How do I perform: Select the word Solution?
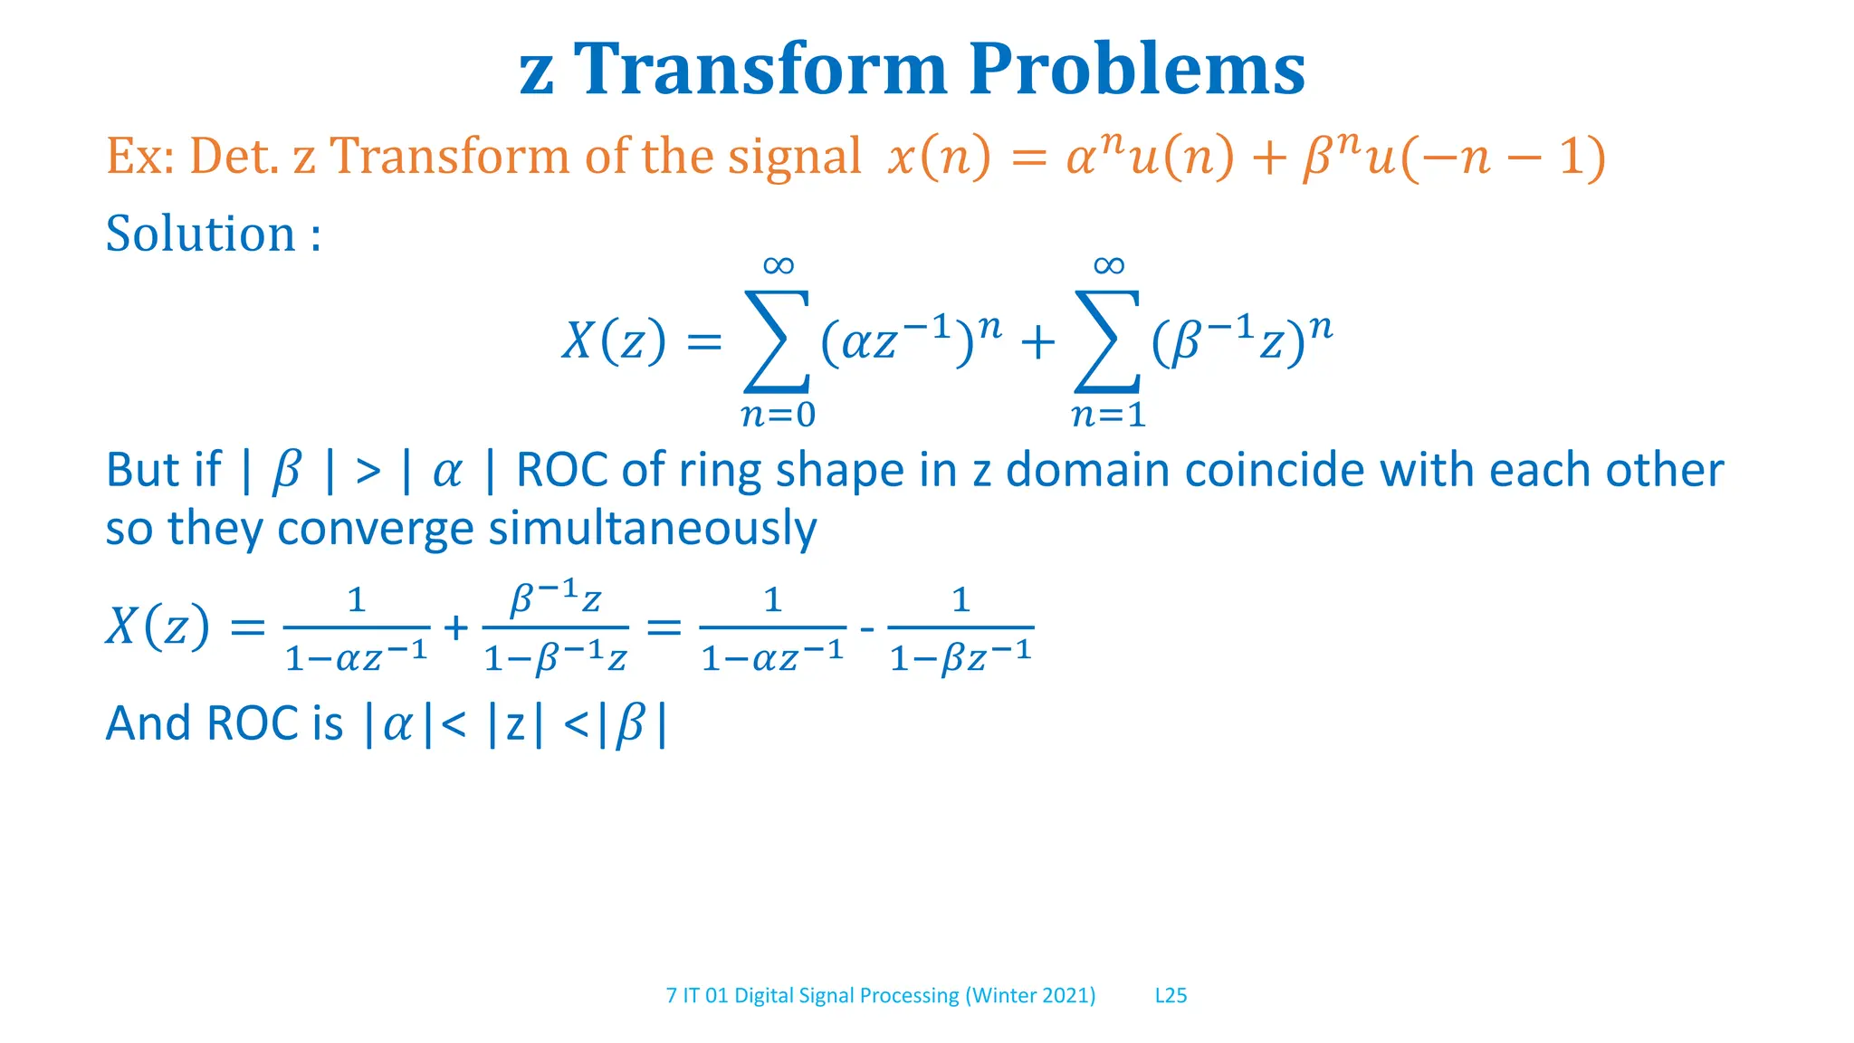tap(201, 234)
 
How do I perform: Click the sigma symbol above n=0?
tap(777, 341)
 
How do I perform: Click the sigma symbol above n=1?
tap(1107, 341)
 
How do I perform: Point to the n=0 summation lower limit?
tap(778, 415)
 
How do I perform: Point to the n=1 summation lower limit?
tap(1108, 415)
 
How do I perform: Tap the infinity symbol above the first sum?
tap(778, 265)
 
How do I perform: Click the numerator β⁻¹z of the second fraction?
tap(555, 598)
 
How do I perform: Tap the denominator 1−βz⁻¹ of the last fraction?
tap(960, 656)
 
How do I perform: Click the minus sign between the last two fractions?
tap(866, 627)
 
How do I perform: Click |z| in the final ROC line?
tap(515, 724)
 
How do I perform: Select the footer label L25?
tap(1171, 995)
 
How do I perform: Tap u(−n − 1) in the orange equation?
tap(1485, 157)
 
